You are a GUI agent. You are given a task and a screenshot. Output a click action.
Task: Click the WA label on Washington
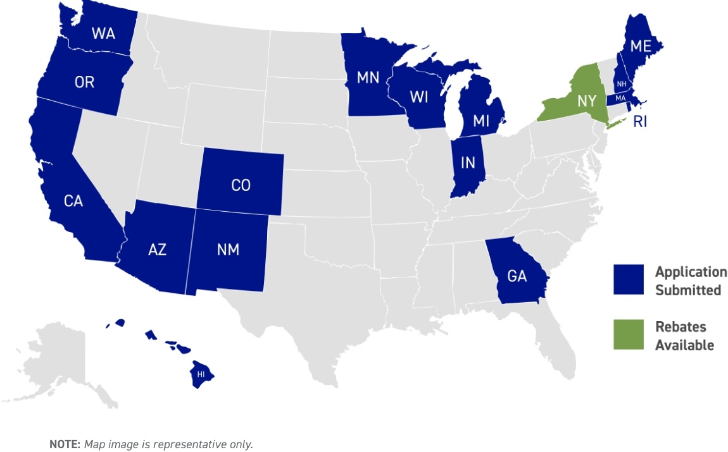(x=103, y=34)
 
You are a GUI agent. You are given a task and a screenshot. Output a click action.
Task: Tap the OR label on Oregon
(x=84, y=83)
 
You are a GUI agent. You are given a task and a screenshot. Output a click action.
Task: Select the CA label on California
(x=73, y=201)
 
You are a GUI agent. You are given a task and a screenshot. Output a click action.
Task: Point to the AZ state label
(x=157, y=250)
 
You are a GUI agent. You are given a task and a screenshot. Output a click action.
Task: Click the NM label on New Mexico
(x=228, y=250)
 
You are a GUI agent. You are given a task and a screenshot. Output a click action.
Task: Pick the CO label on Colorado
(x=241, y=185)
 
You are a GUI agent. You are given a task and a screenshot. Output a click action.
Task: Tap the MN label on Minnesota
(x=368, y=78)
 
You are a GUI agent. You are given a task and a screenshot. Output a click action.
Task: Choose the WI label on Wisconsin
(x=419, y=97)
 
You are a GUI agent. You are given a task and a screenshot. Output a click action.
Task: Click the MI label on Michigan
(x=482, y=121)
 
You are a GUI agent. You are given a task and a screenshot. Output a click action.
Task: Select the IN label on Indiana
(x=468, y=163)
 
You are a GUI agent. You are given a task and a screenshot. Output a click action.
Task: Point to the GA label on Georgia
(x=517, y=276)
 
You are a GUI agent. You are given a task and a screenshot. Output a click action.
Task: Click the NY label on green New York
(x=586, y=101)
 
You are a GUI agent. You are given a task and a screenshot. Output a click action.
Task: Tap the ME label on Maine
(x=641, y=47)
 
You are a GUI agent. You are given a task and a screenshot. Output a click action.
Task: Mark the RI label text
(x=640, y=122)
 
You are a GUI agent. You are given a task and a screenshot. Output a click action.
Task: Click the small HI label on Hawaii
(x=201, y=374)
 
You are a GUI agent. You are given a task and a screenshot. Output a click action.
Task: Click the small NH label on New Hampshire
(x=622, y=84)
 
